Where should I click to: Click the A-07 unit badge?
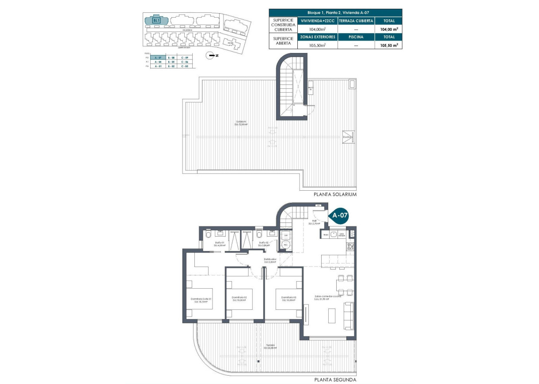(340, 216)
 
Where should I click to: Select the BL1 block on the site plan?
(156, 20)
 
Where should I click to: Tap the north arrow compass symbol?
(211, 55)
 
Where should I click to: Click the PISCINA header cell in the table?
(356, 37)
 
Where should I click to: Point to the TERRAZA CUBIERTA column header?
(356, 21)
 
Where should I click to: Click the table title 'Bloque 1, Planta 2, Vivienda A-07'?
(336, 12)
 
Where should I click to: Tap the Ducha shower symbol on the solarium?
(348, 137)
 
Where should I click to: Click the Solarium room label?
(241, 123)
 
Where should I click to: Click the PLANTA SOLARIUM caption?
(334, 194)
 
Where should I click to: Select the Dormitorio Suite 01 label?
(201, 300)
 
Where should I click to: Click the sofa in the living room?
(349, 316)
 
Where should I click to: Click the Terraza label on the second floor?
(271, 346)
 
